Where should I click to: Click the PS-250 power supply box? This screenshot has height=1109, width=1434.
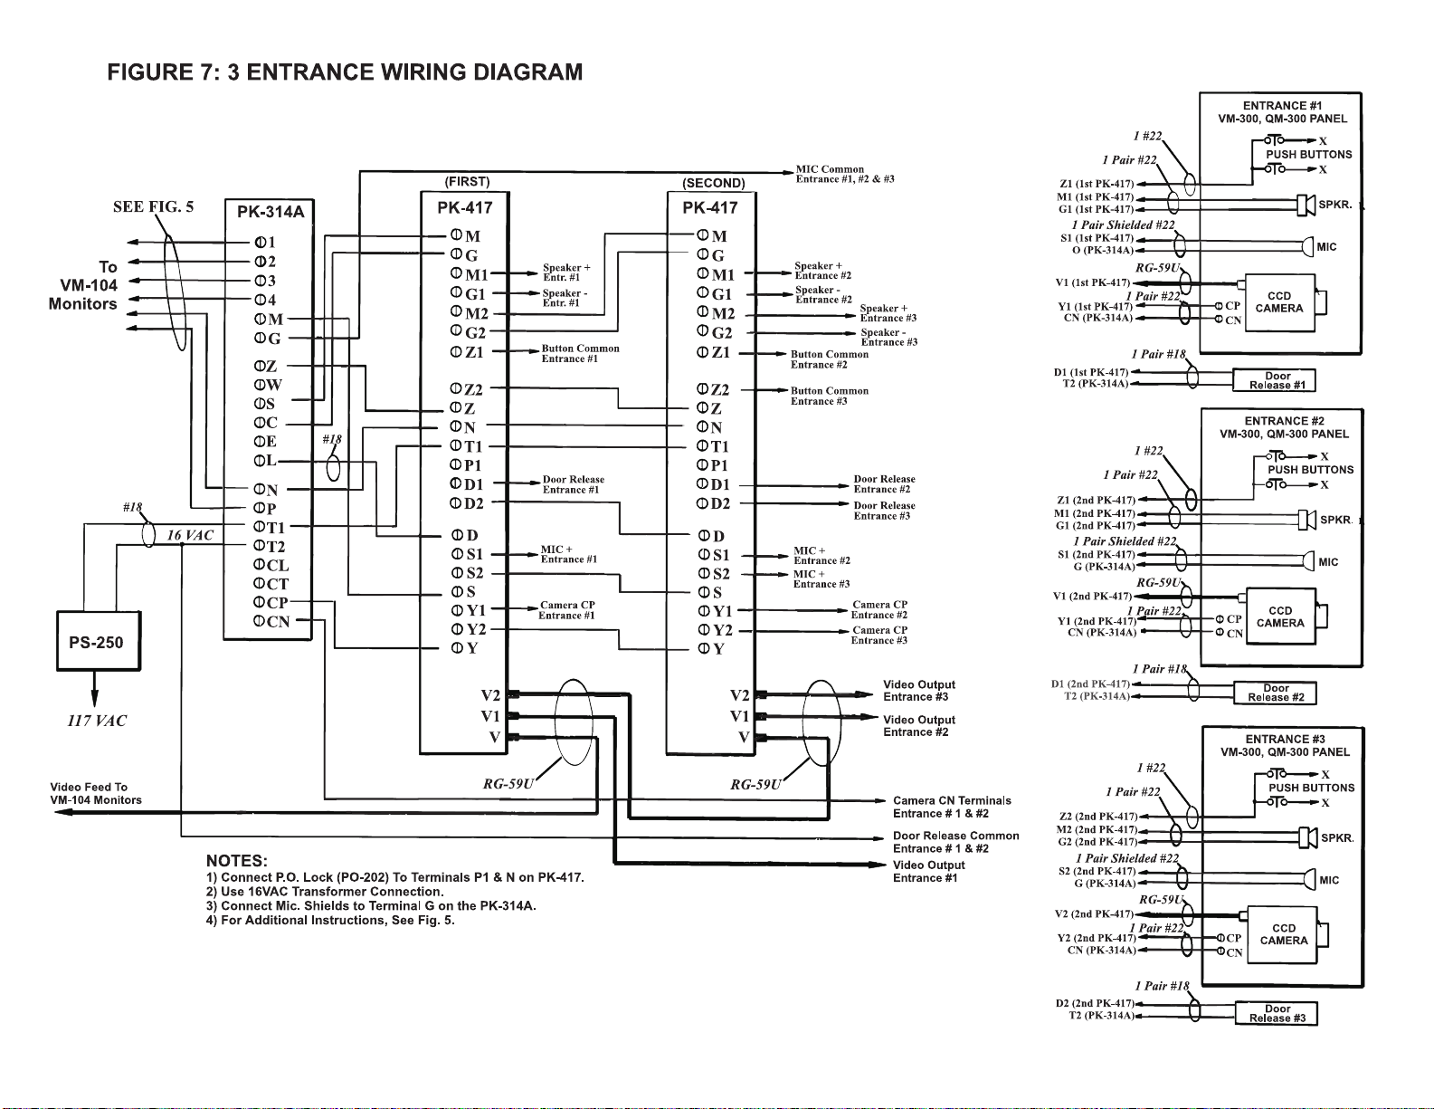click(98, 642)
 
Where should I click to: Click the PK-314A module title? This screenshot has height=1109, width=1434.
click(271, 213)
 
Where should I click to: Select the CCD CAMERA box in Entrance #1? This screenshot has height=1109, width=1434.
click(1279, 302)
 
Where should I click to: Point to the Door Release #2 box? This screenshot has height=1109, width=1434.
click(1275, 693)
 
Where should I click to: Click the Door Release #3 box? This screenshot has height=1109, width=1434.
click(1277, 1013)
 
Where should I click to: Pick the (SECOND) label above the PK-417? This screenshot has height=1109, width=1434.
click(714, 183)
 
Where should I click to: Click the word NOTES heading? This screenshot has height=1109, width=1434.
click(237, 860)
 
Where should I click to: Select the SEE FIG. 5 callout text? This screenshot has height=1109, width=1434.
click(153, 206)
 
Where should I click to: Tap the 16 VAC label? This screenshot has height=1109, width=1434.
click(190, 535)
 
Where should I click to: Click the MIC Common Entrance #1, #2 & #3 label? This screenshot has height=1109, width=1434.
click(844, 174)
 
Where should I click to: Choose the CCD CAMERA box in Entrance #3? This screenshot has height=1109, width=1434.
click(1283, 934)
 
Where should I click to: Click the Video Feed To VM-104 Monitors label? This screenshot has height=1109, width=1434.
click(96, 793)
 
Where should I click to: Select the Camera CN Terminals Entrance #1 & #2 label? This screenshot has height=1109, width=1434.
click(952, 807)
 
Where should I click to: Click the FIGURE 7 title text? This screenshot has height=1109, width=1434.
click(345, 72)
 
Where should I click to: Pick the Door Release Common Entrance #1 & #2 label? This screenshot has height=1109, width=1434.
click(955, 842)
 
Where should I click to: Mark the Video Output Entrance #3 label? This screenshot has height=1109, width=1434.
click(918, 691)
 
